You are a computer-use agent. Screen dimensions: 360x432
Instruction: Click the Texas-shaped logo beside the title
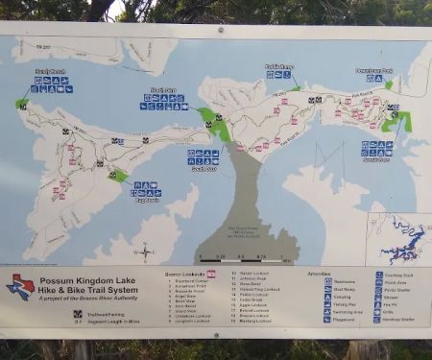[x=20, y=287]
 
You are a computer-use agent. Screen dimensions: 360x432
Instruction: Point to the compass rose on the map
[x=144, y=252]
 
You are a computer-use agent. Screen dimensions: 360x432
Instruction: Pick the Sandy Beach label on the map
[x=49, y=72]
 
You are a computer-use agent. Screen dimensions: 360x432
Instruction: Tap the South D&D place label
[x=202, y=168]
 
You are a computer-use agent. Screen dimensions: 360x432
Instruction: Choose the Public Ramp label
[x=277, y=67]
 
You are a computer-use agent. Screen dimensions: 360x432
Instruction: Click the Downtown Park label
[x=375, y=71]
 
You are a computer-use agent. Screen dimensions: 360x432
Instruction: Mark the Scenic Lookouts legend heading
[x=184, y=275]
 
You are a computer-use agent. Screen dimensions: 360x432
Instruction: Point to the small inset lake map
[x=399, y=239]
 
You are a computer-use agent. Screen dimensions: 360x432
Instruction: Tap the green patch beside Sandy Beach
[x=21, y=103]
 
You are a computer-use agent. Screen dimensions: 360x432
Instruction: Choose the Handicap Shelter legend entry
[x=399, y=319]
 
